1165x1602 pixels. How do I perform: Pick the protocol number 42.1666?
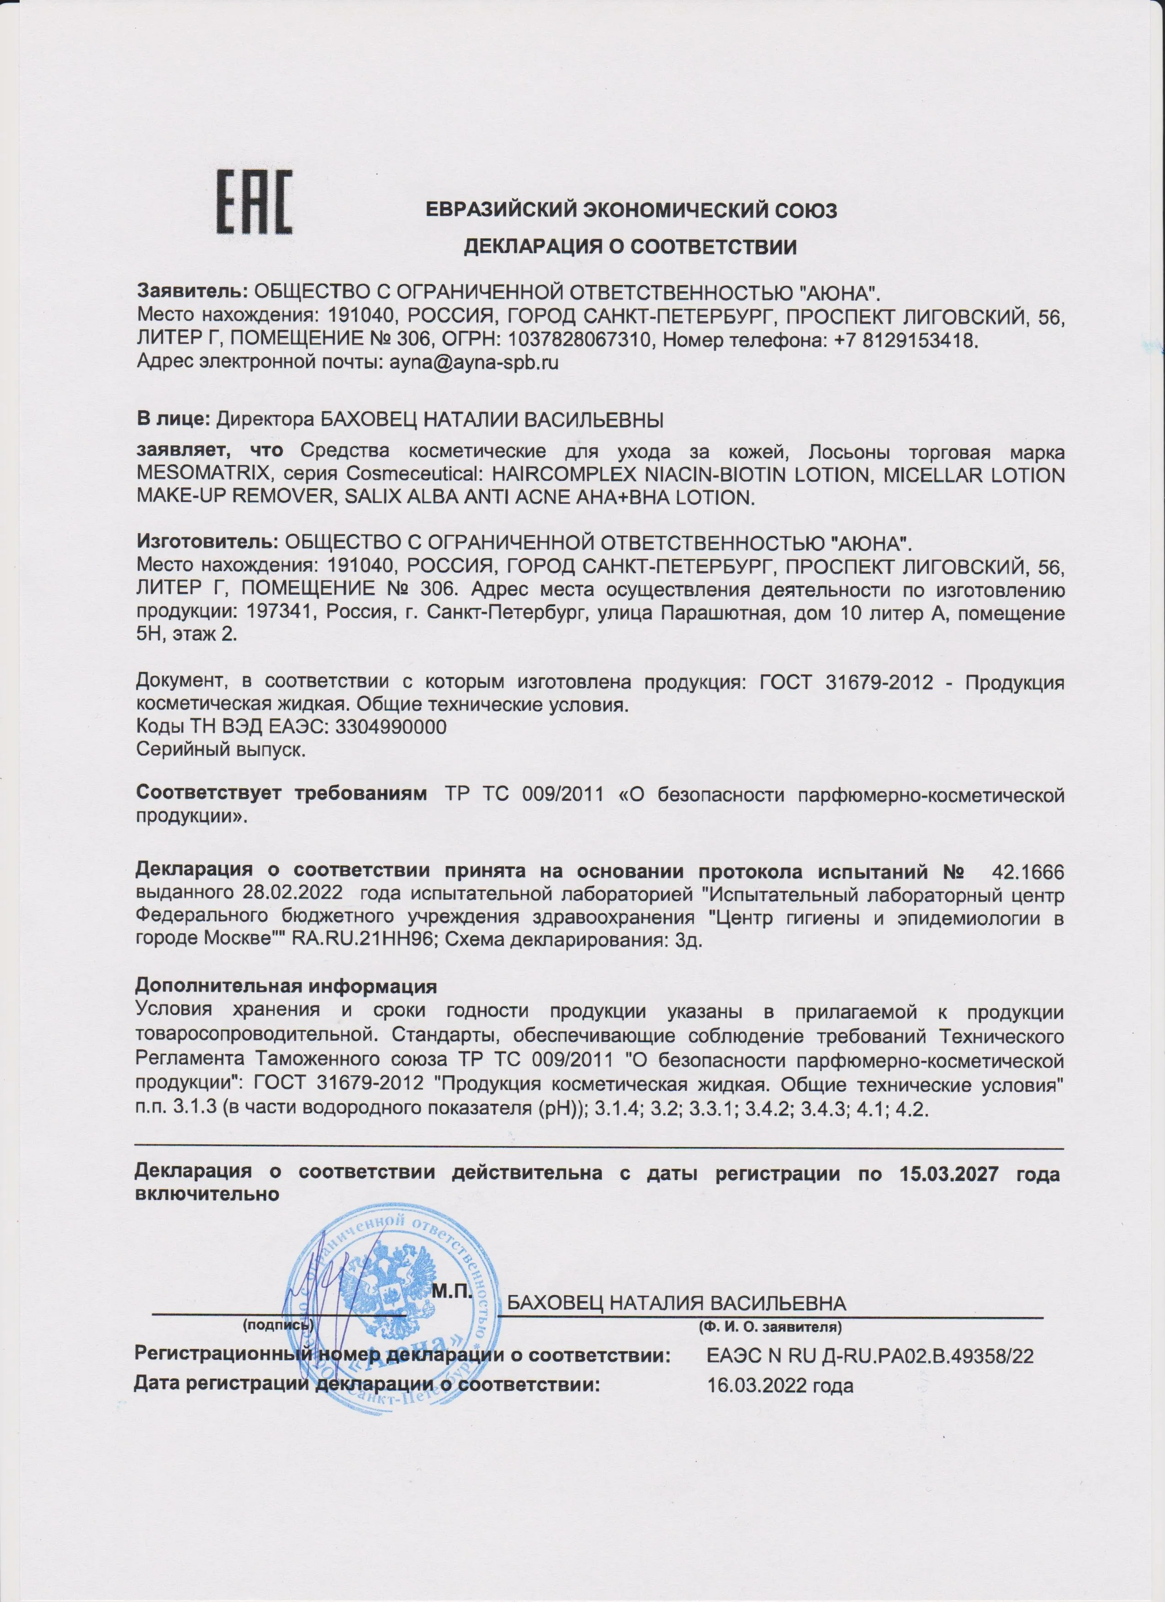pyautogui.click(x=1028, y=872)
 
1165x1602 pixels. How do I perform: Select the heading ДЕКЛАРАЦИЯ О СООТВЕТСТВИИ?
pyautogui.click(x=630, y=247)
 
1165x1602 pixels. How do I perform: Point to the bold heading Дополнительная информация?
pyautogui.click(x=286, y=986)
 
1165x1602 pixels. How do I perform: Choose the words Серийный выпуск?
pyautogui.click(x=220, y=750)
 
